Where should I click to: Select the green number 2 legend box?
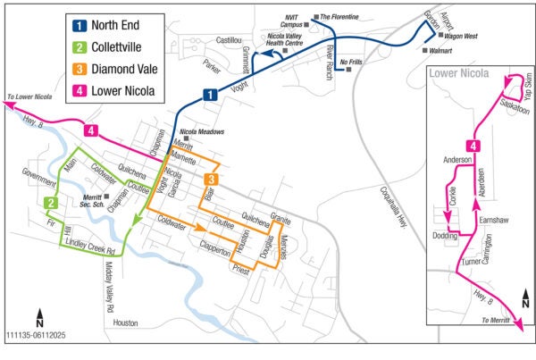[79, 47]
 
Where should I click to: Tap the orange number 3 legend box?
[79, 69]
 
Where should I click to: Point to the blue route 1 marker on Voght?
[209, 95]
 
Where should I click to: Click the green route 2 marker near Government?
[52, 204]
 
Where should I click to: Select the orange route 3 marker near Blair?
[209, 180]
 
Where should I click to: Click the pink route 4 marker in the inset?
[474, 146]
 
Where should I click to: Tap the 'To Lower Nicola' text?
[29, 95]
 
